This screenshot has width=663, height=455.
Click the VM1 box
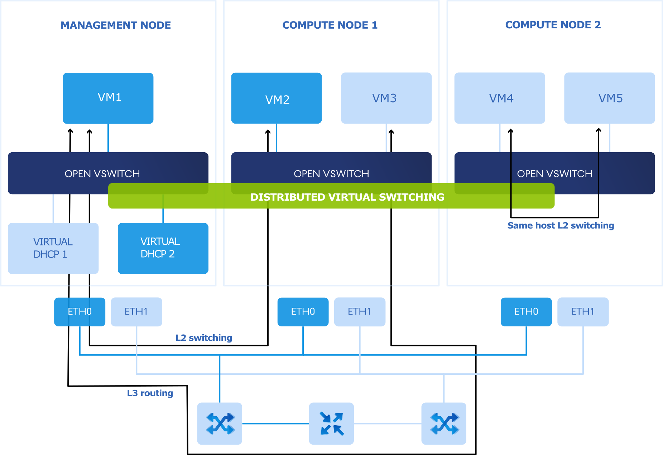click(x=108, y=98)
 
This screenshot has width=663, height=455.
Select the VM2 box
click(x=276, y=98)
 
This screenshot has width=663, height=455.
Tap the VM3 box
click(x=386, y=98)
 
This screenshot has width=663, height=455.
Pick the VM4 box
click(x=500, y=98)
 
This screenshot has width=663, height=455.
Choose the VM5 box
click(x=609, y=98)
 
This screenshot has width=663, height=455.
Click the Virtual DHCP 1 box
click(x=53, y=248)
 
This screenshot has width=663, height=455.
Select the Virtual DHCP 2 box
click(x=163, y=248)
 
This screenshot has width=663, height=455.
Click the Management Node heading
click(x=116, y=25)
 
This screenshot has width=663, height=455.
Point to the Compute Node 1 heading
click(x=330, y=25)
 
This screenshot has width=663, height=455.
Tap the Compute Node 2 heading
click(x=553, y=25)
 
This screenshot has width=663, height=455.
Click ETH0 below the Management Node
click(x=80, y=312)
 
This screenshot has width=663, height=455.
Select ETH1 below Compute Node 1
click(x=360, y=312)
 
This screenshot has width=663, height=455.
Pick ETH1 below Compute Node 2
click(x=583, y=312)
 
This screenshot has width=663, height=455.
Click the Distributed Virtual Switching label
click(x=347, y=197)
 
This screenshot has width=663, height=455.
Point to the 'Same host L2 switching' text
click(x=561, y=225)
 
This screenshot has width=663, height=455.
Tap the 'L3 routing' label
click(x=150, y=393)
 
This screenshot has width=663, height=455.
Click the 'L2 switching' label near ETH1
click(x=204, y=338)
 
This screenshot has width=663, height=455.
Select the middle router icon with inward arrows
click(x=331, y=423)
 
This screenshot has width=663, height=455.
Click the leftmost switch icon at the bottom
click(x=220, y=423)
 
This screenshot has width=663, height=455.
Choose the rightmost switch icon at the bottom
click(x=444, y=423)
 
